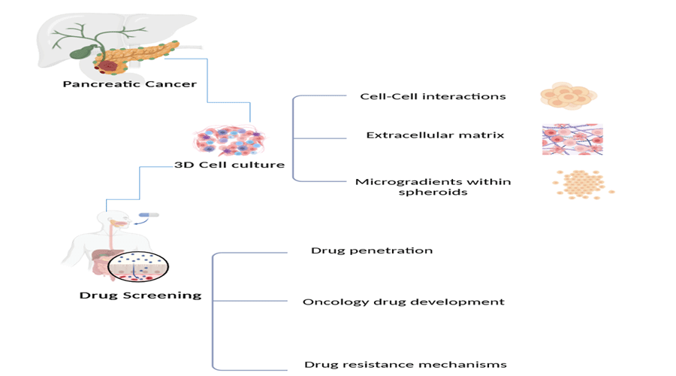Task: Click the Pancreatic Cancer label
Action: pos(130,83)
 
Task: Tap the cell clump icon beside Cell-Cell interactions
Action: pos(569,96)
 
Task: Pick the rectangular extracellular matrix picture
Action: pos(572,139)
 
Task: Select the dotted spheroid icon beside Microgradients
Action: pos(584,183)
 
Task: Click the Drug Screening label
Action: pos(140,295)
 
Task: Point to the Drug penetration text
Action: pos(372,250)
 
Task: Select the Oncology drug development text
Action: pos(403,302)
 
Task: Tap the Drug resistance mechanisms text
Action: pos(406,365)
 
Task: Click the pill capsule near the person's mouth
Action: pos(149,215)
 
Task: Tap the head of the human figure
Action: pos(110,220)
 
